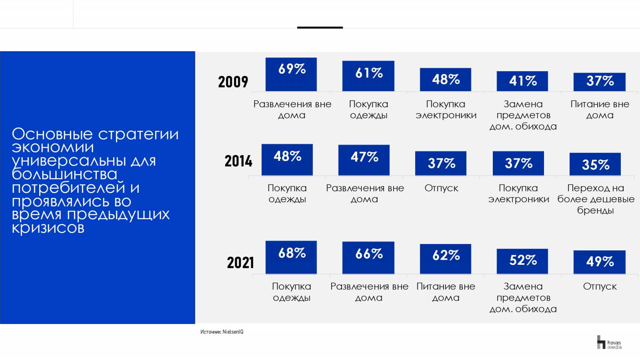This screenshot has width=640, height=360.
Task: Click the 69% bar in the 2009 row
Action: (291, 74)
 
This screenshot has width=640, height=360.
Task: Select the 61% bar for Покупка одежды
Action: (368, 76)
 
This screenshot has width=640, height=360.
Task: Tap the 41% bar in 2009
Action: (522, 81)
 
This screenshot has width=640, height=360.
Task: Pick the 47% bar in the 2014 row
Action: (364, 160)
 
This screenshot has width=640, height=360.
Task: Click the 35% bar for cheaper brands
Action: (595, 164)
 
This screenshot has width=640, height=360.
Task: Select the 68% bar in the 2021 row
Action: (291, 257)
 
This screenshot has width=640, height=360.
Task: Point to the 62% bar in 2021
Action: (446, 259)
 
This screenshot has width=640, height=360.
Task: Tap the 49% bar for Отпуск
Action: (600, 262)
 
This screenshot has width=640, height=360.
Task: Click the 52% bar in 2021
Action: (522, 261)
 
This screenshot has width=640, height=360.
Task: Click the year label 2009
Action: (233, 82)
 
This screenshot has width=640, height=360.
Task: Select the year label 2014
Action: (238, 161)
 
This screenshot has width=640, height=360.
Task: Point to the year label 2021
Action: (240, 263)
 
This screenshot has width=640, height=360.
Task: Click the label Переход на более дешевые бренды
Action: (596, 199)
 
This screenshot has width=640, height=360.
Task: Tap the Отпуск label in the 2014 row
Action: (441, 188)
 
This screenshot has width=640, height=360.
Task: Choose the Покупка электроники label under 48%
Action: (446, 110)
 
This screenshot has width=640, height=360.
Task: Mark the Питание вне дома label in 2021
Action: (446, 292)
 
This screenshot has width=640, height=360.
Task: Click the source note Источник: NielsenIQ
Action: (222, 332)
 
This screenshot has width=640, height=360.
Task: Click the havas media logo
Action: (609, 343)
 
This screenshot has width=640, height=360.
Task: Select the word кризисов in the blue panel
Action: (48, 228)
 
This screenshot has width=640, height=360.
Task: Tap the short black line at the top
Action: (320, 28)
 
